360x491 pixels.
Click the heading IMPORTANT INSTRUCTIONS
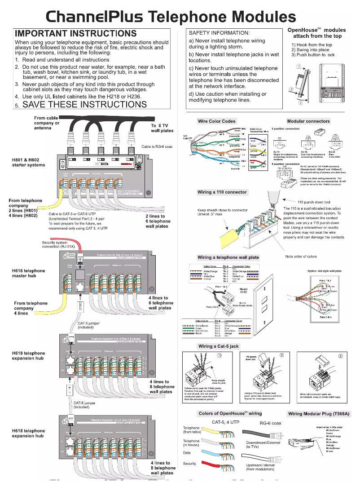point(76,34)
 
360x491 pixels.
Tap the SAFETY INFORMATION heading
point(219,33)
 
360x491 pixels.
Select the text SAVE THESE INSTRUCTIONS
point(84,104)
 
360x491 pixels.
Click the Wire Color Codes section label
point(216,121)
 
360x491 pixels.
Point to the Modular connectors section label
point(308,121)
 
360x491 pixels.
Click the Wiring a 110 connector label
point(222,192)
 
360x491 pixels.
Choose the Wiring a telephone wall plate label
point(228,257)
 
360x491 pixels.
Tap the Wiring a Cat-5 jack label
point(219,346)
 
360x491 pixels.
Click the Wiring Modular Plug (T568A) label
point(318,414)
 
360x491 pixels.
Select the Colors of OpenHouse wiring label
point(230,413)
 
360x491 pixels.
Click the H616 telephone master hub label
point(29,273)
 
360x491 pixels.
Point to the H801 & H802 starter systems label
point(29,162)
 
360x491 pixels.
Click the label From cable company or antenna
point(47,123)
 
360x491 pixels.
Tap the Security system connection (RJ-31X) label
point(57,244)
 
